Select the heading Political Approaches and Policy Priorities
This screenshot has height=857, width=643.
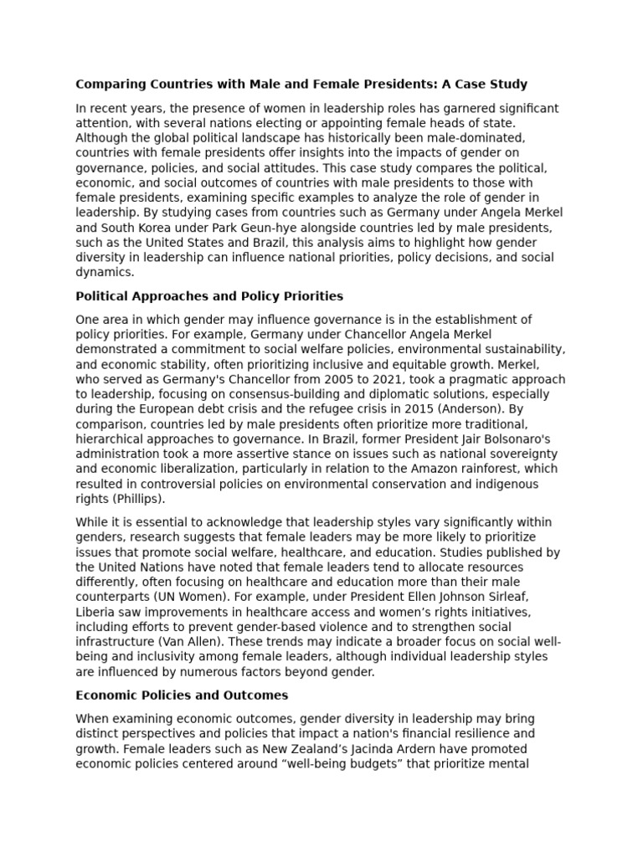click(209, 296)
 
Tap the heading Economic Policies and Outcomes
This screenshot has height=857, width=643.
click(182, 695)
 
